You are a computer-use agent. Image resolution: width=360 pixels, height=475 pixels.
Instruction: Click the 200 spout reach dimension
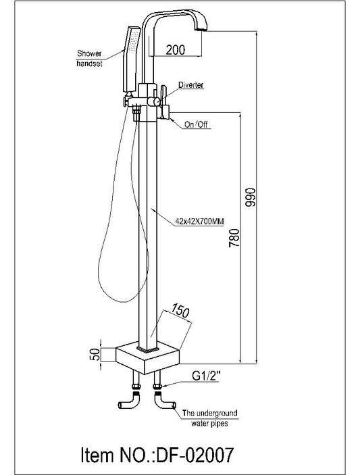pyautogui.click(x=176, y=50)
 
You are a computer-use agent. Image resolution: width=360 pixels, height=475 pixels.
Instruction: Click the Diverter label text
pyautogui.click(x=191, y=86)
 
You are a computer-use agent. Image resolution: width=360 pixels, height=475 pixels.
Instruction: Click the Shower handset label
pyautogui.click(x=90, y=58)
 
